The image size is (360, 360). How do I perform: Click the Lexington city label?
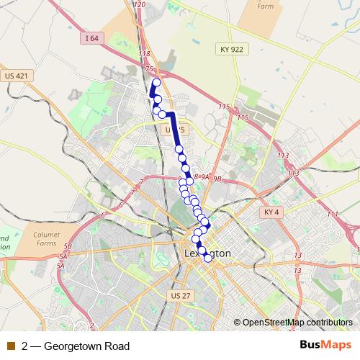click(x=207, y=253)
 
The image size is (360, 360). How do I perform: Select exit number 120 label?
click(x=140, y=5)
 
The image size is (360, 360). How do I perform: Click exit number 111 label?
click(x=331, y=215)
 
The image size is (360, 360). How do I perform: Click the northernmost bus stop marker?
click(x=156, y=83)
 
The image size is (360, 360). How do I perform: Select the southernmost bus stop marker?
click(x=208, y=258)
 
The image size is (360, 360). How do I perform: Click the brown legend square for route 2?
click(x=12, y=346)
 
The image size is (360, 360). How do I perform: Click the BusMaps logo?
click(x=325, y=345)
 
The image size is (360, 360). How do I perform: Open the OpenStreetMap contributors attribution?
click(x=297, y=322)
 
